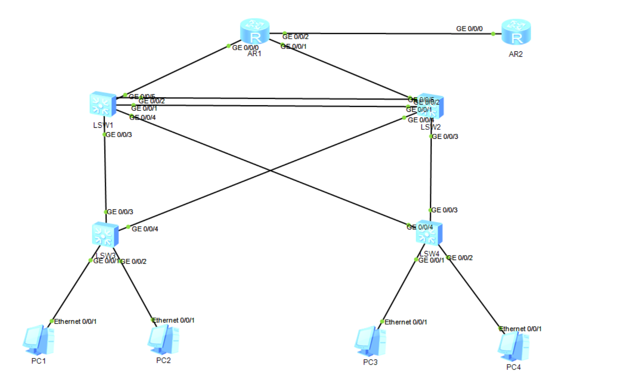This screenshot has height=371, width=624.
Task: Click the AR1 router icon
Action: coord(255,31)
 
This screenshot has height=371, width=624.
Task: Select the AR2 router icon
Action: coord(516,32)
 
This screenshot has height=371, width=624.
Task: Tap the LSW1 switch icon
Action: coord(102,104)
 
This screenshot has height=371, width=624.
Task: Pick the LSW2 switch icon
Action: coord(431,106)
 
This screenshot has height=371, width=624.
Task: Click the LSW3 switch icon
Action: coord(105,235)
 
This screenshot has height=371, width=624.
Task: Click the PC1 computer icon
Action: coord(39,340)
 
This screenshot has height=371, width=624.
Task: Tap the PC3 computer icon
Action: coord(370,341)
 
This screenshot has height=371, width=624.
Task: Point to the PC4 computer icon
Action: coord(513,347)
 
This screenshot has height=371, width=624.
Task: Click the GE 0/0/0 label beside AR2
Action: coord(469,29)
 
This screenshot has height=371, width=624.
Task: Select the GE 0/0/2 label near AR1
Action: coord(295,37)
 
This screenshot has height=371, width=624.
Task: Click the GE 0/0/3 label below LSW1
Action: coord(119,135)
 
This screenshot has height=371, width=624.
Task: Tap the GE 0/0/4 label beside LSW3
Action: coord(145,229)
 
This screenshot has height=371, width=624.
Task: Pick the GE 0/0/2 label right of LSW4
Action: coord(460,258)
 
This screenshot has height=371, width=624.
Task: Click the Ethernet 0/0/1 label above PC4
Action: coord(520,329)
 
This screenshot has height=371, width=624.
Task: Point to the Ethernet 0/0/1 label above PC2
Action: coord(173,320)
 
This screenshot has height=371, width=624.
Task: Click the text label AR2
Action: coord(515,54)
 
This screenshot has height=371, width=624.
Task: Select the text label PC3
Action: coord(370,362)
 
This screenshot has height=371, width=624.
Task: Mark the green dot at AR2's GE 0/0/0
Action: coord(493,34)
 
